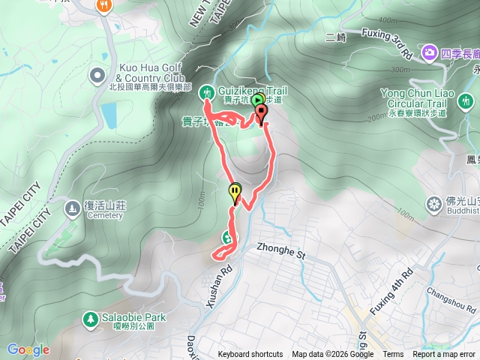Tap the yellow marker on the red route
(235, 193)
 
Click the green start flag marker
(257, 100)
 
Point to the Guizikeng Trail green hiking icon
(207, 91)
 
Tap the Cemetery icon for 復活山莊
(72, 206)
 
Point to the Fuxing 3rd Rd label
(387, 43)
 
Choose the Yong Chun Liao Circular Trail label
(413, 97)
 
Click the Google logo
(28, 349)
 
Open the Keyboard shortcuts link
(250, 355)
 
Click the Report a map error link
(444, 355)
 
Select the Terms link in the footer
(393, 355)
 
